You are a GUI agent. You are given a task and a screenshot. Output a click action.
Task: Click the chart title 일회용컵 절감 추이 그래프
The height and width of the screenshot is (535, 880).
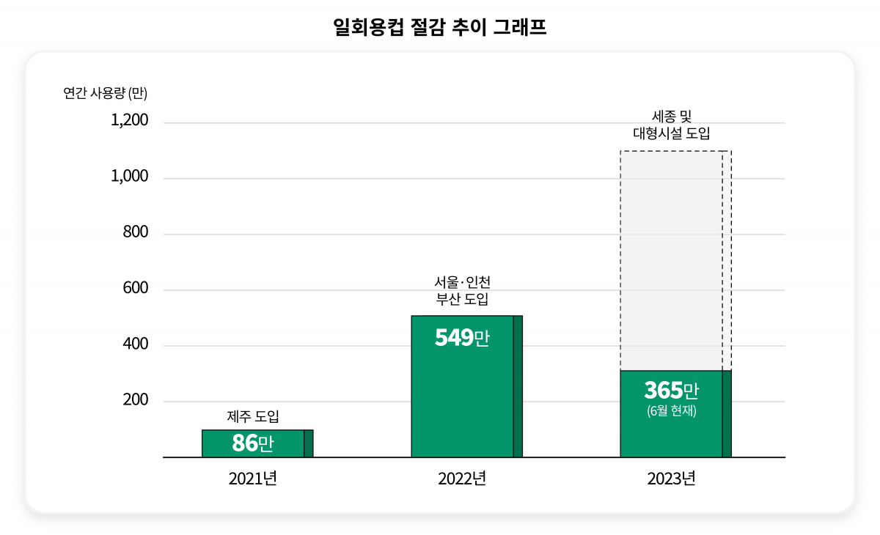pos(439,28)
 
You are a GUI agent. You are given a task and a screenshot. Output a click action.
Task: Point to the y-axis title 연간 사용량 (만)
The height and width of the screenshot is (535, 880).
pos(106,93)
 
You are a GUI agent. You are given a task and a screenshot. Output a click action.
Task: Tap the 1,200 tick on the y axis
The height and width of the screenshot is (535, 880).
pos(129,120)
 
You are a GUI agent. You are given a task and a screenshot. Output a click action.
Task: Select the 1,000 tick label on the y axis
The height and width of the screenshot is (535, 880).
pos(129,177)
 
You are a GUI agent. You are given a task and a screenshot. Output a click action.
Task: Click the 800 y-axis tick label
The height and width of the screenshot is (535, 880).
pos(135,232)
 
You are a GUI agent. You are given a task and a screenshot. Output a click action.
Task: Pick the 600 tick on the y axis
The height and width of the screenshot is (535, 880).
pos(135,289)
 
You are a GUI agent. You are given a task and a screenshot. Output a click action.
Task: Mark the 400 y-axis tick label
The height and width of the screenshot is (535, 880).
pos(135,344)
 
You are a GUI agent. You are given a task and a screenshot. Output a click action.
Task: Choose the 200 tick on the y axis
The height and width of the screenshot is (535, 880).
pos(135,401)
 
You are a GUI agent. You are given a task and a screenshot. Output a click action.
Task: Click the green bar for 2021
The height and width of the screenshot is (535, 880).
pos(257,443)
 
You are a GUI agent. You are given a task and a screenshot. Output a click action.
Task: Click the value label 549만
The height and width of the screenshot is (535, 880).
pos(462,339)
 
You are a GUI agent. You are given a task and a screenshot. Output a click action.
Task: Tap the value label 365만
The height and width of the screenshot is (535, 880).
pos(671,390)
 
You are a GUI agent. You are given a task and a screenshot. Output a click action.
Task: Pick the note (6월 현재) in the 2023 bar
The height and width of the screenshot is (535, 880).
pos(671,411)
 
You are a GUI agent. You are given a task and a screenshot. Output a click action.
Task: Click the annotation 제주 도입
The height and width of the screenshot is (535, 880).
pos(253,417)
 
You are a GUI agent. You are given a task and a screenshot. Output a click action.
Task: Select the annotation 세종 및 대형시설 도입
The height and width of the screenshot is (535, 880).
pos(671,125)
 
